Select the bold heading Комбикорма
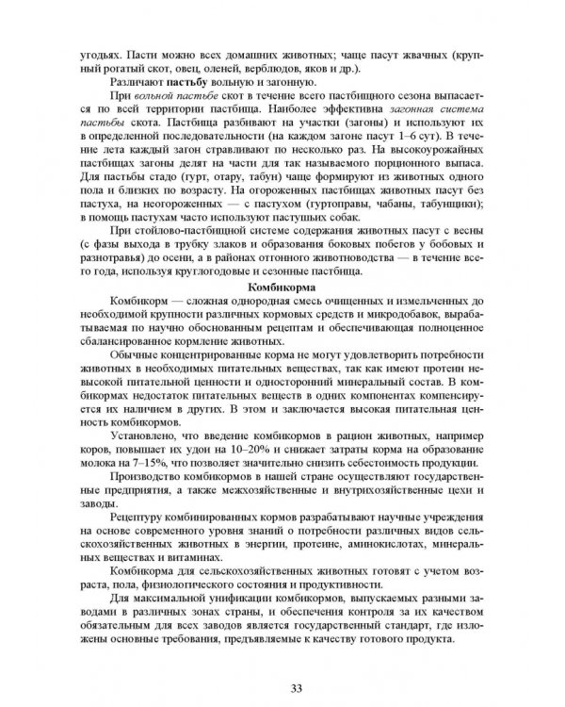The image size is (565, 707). (281, 286)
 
